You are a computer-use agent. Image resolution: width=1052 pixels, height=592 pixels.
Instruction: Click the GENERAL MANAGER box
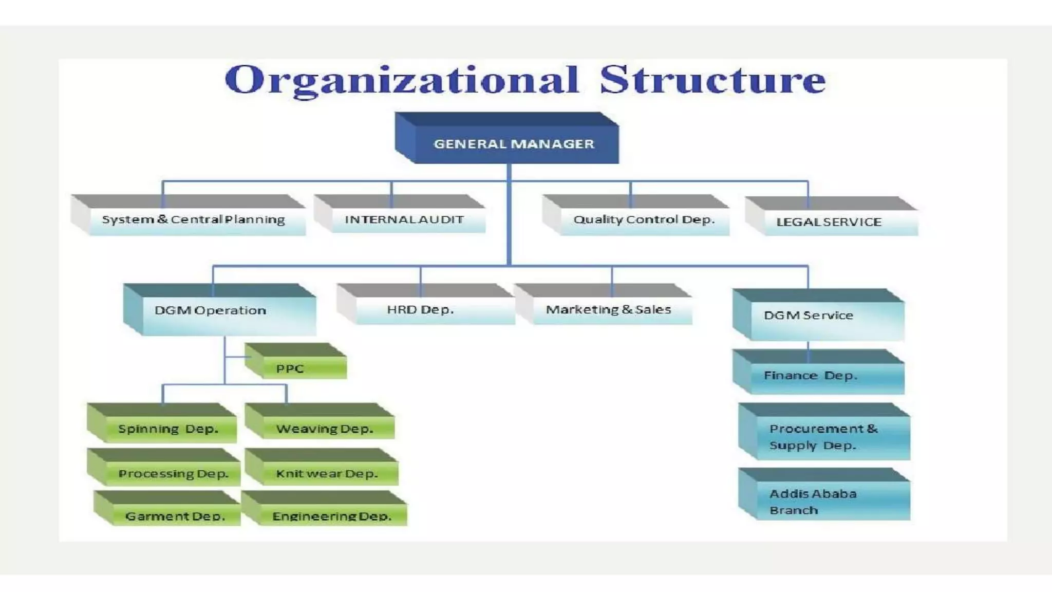click(x=514, y=143)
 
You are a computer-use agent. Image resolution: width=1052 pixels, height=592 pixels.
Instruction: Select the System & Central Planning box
click(x=194, y=220)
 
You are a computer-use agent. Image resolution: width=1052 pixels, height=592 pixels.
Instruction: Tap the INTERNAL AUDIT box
click(x=404, y=219)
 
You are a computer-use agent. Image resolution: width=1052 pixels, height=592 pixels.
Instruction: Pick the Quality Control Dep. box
click(x=644, y=220)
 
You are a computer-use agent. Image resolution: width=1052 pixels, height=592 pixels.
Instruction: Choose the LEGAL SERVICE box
click(x=829, y=222)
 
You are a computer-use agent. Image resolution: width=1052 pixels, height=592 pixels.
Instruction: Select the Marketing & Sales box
click(x=609, y=310)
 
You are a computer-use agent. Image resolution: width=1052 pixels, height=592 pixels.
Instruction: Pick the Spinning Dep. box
click(x=168, y=429)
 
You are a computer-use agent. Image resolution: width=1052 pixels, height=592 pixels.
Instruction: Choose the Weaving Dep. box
click(x=325, y=429)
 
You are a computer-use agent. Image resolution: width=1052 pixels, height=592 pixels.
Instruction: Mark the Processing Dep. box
click(x=173, y=473)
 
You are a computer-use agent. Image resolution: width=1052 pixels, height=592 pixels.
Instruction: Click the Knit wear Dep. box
click(x=327, y=473)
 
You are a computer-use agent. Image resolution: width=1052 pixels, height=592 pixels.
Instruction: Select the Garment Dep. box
click(x=175, y=515)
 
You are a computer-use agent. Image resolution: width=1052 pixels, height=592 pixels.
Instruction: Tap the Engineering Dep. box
click(x=332, y=515)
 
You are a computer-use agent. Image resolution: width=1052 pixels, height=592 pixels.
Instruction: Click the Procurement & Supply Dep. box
click(x=823, y=437)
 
